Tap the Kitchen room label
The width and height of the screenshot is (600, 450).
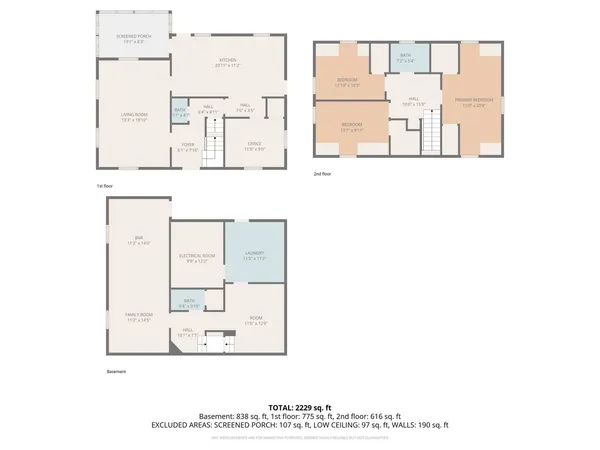[x=228, y=63]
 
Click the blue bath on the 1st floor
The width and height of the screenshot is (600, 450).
[x=180, y=113]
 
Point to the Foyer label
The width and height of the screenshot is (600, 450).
[x=187, y=147]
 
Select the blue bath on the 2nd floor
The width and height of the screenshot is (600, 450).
[x=405, y=59]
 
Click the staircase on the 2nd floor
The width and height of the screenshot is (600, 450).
[x=430, y=130]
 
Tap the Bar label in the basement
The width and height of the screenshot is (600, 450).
[x=138, y=240]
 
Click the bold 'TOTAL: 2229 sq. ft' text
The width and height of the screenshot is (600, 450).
[x=300, y=407]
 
